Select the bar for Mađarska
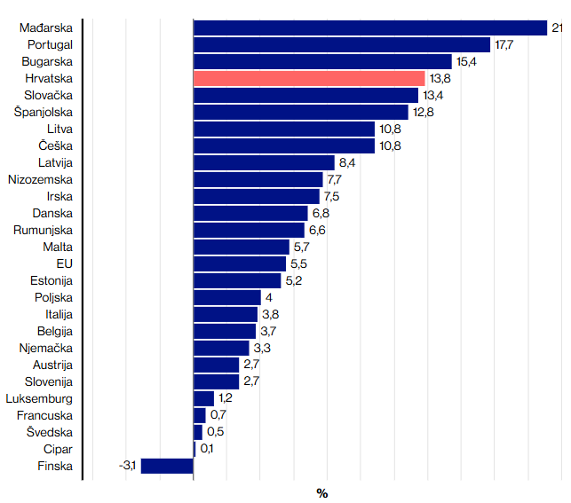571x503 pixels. (369, 28)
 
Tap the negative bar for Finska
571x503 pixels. (167, 466)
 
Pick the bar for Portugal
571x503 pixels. (342, 44)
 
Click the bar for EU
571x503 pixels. (240, 263)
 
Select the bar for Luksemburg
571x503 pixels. (203, 398)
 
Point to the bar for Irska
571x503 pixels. (256, 196)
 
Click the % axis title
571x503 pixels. (322, 493)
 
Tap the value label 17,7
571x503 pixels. (504, 44)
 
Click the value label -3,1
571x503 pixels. (127, 466)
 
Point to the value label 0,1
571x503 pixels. (206, 449)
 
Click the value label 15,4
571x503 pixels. (466, 61)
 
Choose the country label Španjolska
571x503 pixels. (44, 112)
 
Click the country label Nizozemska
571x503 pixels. (40, 179)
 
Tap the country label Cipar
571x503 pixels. (58, 449)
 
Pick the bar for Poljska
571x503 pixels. (226, 297)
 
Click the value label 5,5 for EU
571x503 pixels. (299, 263)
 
